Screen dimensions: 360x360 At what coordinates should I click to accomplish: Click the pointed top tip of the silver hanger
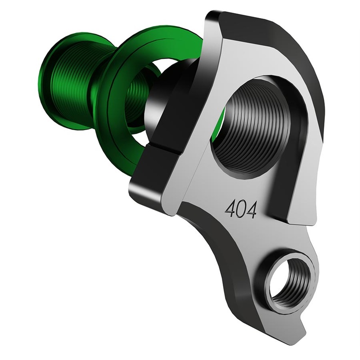(211, 18)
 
